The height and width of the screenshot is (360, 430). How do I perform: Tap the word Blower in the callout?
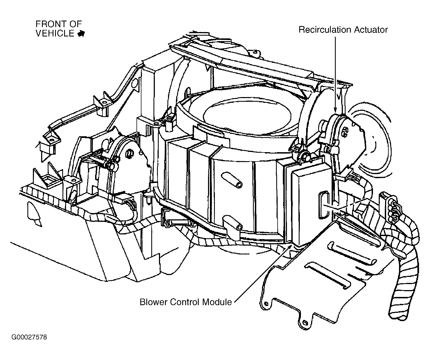click(154, 302)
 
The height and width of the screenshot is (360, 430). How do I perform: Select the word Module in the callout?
click(217, 302)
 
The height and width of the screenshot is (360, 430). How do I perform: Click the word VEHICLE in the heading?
click(55, 33)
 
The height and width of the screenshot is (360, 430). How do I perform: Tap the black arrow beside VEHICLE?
click(81, 34)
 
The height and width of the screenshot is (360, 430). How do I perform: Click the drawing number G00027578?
click(29, 337)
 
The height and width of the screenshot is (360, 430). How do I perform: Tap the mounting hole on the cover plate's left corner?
click(265, 303)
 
